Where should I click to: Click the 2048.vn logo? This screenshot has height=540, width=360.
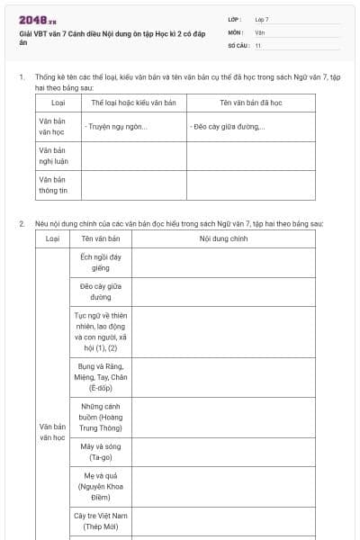[x=38, y=20]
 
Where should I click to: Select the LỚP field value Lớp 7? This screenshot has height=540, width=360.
[x=262, y=19]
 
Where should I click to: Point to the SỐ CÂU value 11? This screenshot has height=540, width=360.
[x=258, y=45]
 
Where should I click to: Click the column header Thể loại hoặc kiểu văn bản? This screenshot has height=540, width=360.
[x=133, y=103]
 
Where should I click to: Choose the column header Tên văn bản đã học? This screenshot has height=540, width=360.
[x=238, y=103]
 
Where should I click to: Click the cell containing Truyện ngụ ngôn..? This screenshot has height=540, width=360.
[x=117, y=126]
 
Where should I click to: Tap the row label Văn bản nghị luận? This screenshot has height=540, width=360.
[x=54, y=156]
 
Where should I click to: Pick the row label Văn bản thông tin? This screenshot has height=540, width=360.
[x=54, y=184]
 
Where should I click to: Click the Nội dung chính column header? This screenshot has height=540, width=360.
[x=223, y=239]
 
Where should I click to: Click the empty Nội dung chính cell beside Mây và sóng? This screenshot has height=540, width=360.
[x=223, y=452]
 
